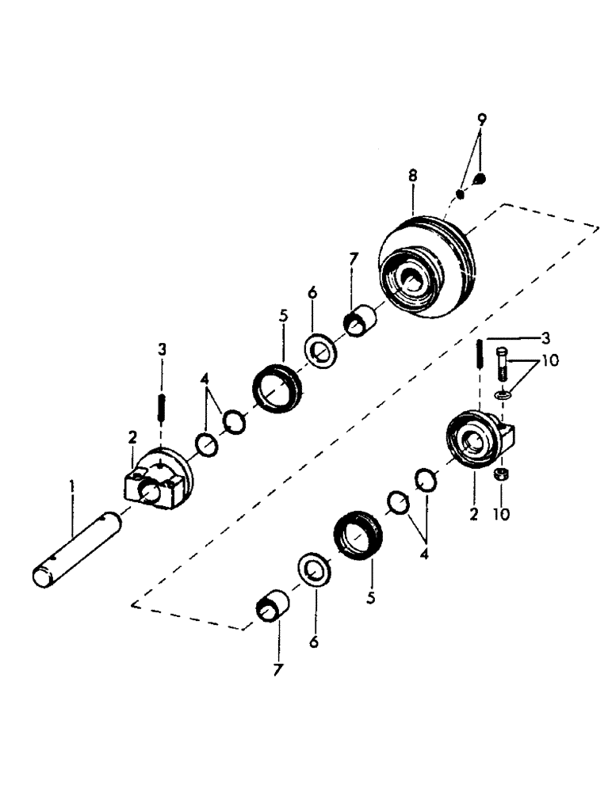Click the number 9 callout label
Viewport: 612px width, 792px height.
[x=482, y=120]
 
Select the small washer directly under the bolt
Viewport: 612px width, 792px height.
[x=501, y=394]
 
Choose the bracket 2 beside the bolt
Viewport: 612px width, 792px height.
[x=479, y=442]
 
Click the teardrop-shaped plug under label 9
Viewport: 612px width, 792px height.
[x=481, y=181]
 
